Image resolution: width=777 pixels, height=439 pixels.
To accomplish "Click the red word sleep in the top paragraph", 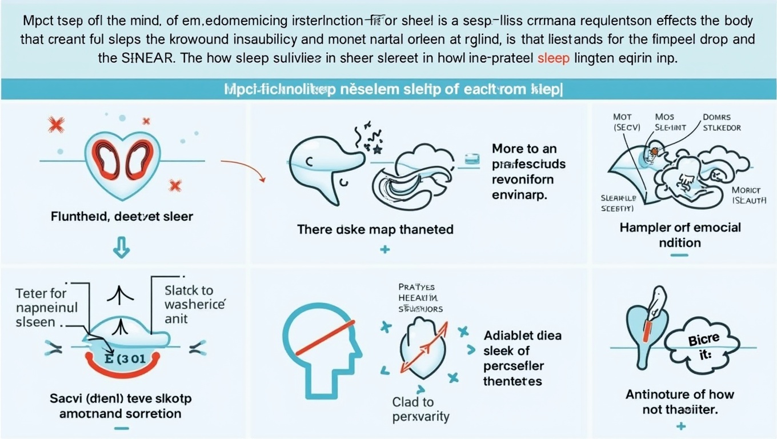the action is [x=554, y=59].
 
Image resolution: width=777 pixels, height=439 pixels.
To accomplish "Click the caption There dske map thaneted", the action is [x=375, y=229].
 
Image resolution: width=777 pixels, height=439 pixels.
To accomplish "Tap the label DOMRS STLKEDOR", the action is [x=720, y=122].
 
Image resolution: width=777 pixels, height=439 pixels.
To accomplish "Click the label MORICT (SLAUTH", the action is [x=749, y=195].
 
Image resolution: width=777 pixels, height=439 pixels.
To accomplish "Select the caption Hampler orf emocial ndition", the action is [x=680, y=234].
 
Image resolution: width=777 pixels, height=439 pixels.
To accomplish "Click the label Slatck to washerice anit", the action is [x=194, y=304].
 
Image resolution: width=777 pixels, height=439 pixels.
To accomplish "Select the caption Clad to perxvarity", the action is [x=413, y=409].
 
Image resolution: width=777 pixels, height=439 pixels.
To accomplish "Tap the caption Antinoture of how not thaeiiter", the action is [x=679, y=401].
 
